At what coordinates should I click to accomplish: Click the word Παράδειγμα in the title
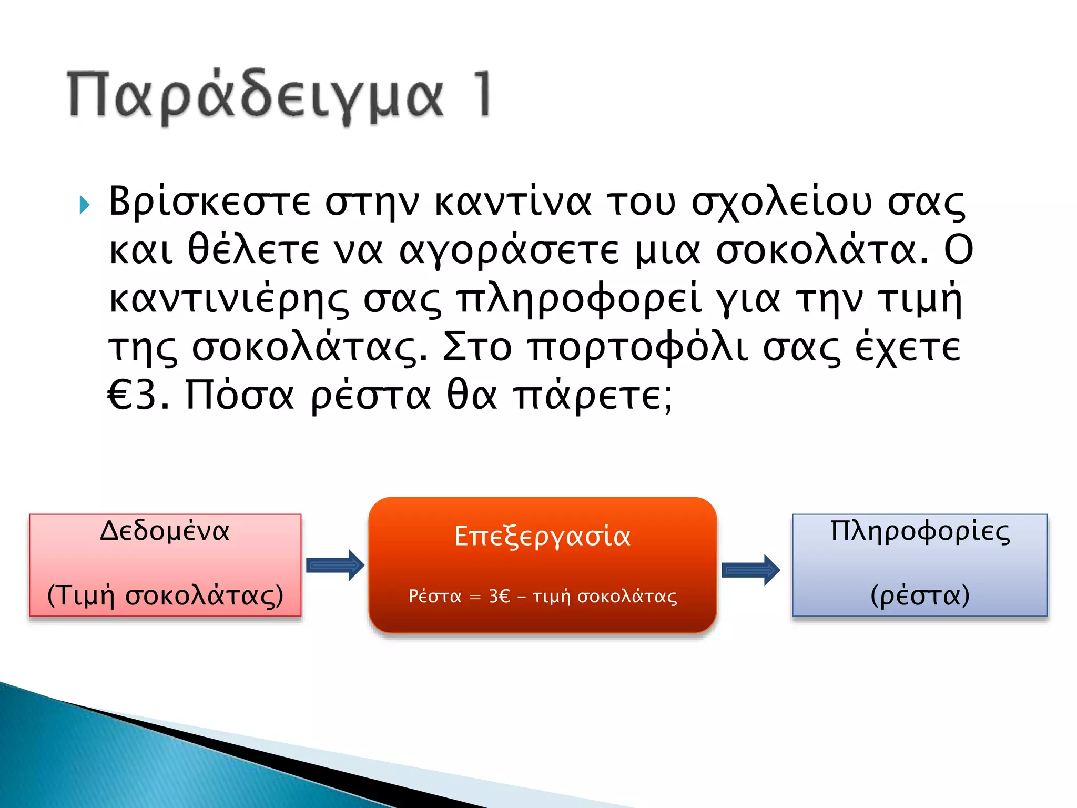256,96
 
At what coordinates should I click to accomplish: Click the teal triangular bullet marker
85,205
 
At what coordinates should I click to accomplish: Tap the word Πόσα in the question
239,396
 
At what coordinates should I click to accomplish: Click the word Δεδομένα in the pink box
165,531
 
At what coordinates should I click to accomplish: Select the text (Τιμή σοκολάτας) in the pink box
165,596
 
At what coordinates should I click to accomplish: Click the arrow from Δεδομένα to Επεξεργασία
335,565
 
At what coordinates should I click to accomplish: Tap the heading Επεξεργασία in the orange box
542,537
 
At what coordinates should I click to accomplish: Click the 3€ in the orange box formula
499,596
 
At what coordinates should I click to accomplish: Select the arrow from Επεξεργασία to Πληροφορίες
750,570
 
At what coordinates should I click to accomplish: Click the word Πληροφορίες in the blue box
920,531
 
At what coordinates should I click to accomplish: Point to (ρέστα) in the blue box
920,596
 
